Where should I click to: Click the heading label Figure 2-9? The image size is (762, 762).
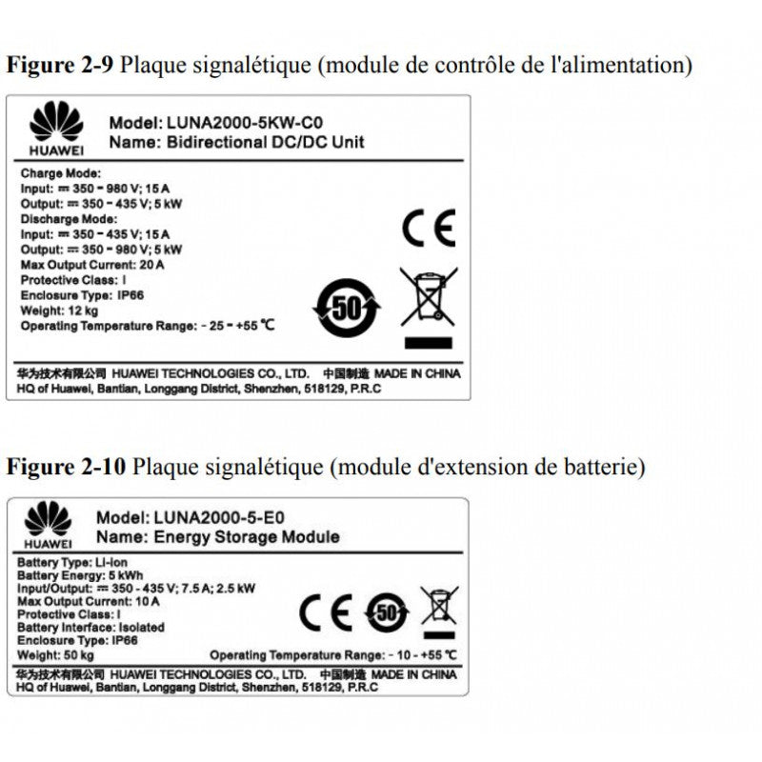coord(61,66)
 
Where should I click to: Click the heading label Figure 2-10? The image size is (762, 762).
coord(66,467)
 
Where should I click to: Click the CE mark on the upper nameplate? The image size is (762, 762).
coord(429,228)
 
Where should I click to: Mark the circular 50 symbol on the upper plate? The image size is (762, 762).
coord(348,308)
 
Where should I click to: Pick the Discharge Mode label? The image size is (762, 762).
coord(67,220)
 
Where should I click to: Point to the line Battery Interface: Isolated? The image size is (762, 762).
coord(91,628)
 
